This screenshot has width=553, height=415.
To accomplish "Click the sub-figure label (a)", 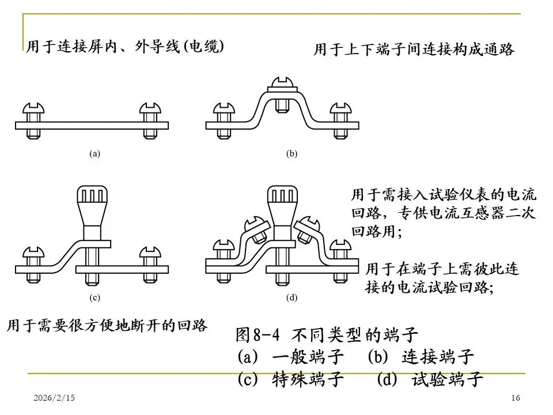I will coord(95,154).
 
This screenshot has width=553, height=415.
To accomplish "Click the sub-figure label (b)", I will coord(291,154).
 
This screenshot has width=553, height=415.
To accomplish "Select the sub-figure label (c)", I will coord(95,299).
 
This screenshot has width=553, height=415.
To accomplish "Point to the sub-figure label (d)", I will coord(291,299).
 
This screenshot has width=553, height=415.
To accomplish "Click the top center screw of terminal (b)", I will coord(281,84).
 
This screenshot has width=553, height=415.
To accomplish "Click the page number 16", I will coord(516,398).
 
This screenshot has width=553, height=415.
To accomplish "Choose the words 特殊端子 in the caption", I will coord(308,379).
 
